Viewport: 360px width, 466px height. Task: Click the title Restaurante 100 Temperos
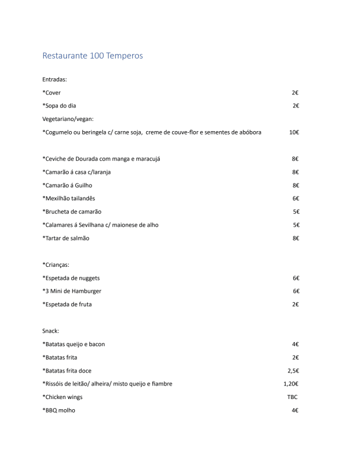coord(92,56)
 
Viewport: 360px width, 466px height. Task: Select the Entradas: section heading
coord(55,79)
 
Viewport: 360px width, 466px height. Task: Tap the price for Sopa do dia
coord(295,106)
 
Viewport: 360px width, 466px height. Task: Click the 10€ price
coord(294,132)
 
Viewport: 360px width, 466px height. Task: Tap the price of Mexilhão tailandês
coord(295,198)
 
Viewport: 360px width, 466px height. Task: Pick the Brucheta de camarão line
coord(71,212)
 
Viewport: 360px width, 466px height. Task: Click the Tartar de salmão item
coord(66,238)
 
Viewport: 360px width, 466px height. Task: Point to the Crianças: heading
coord(57,265)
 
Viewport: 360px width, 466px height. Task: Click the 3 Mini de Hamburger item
coord(71,291)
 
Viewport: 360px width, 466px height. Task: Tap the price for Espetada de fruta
coord(295,304)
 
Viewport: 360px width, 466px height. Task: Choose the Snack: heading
coord(51,331)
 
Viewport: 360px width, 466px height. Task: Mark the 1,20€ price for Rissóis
coord(291,384)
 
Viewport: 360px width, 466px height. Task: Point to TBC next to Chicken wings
coord(292,397)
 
